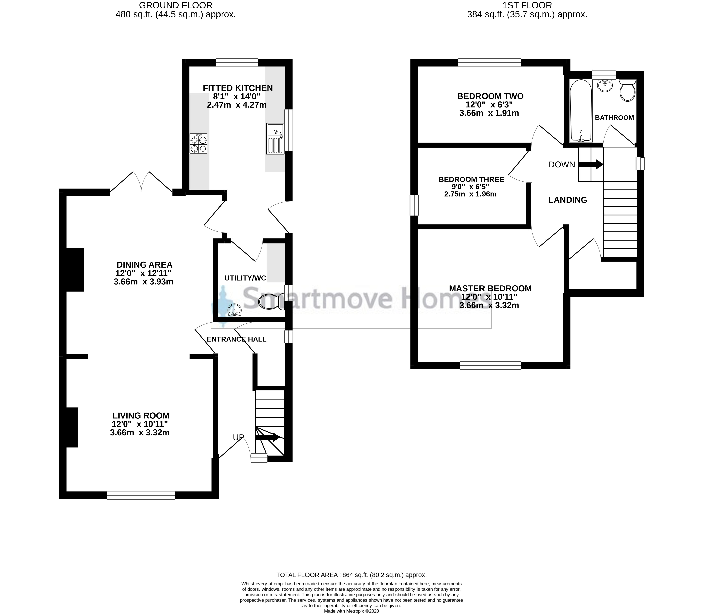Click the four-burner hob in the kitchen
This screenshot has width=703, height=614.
point(198,143)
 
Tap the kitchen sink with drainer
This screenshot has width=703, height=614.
point(275,138)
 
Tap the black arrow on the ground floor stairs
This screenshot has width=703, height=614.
point(267,437)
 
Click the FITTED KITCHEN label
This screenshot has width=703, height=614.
point(238,88)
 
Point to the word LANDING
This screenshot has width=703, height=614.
point(568,200)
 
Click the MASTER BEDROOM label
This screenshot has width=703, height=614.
point(490,289)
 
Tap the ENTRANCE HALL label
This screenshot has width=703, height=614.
point(237,339)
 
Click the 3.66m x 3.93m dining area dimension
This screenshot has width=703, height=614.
point(143,282)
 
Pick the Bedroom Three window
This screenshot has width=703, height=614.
point(414,205)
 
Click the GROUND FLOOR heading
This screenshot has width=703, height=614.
point(175,5)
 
